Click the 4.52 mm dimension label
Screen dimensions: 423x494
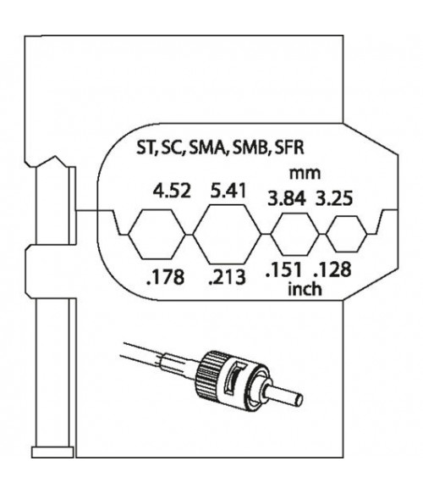[172, 191]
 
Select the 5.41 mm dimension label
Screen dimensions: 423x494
[228, 191]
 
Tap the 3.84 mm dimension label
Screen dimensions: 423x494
[287, 199]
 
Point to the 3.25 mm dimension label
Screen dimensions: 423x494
[334, 199]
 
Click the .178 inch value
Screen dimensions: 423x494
[166, 278]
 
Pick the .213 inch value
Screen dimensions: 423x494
[227, 278]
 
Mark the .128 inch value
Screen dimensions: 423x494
[332, 270]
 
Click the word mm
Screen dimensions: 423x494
[305, 174]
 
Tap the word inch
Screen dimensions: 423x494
[305, 289]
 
